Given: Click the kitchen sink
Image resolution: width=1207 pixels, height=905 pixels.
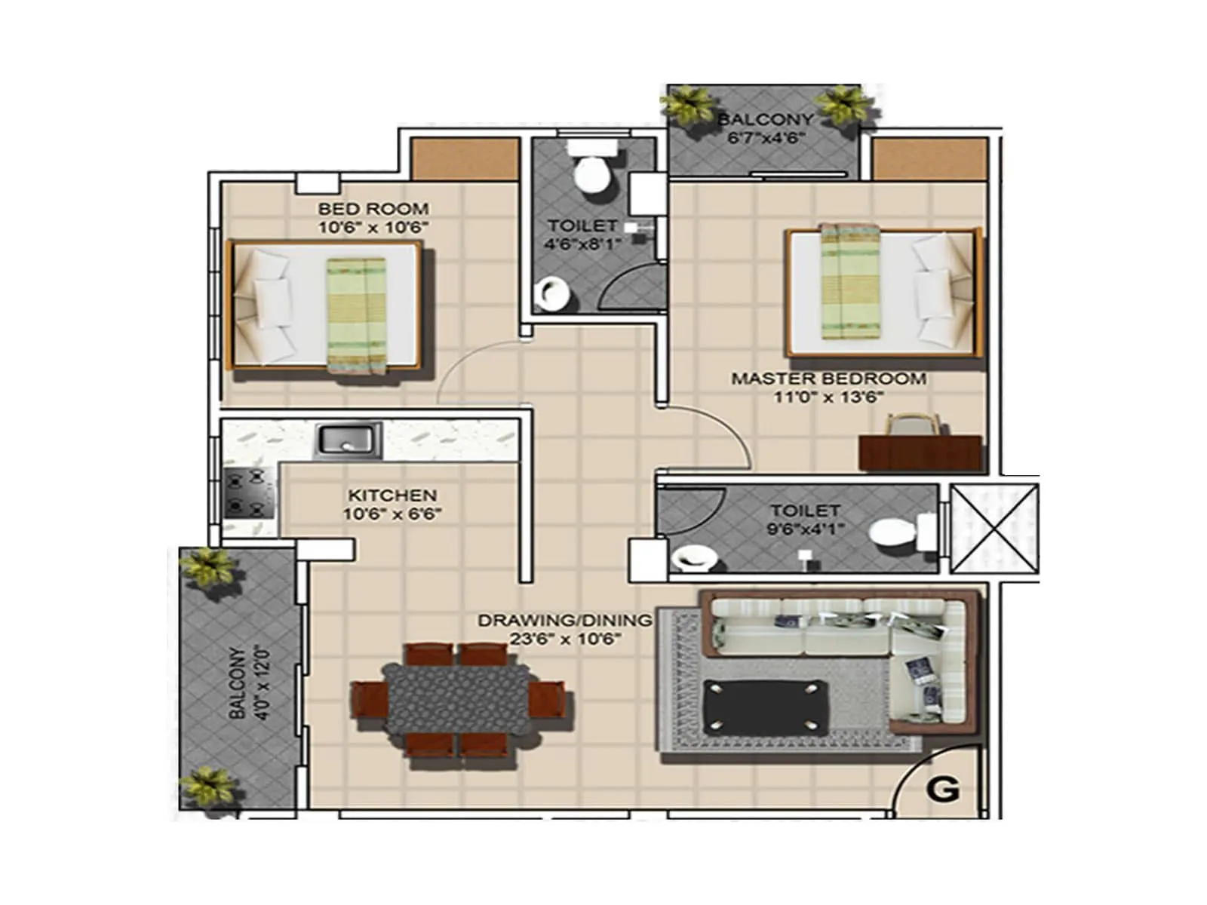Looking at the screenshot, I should point(348,440).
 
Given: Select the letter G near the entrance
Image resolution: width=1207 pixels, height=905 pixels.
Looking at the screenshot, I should point(942,789).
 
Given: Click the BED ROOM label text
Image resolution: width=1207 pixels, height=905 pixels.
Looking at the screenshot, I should point(373,209).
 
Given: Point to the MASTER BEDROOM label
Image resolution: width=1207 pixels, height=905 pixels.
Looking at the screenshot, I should point(828,379).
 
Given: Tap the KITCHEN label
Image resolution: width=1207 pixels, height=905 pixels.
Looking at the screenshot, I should point(392,495).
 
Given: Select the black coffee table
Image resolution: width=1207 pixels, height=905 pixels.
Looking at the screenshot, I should point(765,706).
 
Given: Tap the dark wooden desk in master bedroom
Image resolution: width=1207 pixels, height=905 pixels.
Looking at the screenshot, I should point(920,452).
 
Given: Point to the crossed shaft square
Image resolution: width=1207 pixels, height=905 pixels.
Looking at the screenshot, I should point(994,528).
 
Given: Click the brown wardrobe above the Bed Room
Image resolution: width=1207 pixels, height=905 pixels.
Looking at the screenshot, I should point(465,159).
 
